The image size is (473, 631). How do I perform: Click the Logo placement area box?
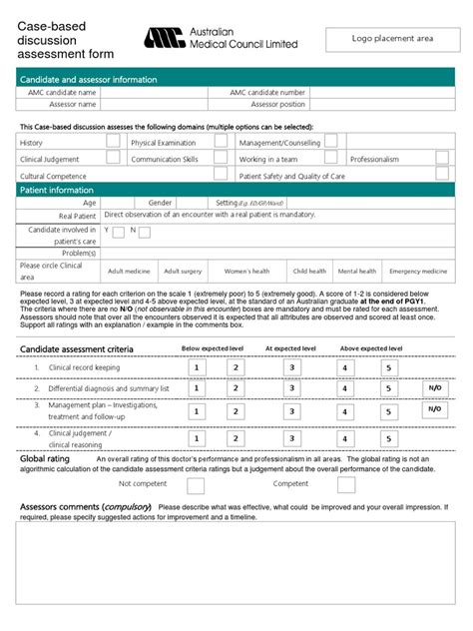(x=392, y=39)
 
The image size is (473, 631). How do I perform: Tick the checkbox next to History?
(x=114, y=142)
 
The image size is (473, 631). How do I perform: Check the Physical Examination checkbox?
(x=220, y=142)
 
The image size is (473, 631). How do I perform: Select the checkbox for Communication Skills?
(x=220, y=159)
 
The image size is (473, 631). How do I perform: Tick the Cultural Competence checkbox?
(x=114, y=176)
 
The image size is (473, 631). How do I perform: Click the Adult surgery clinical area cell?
(x=183, y=271)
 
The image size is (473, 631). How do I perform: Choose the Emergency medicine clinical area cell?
(x=418, y=271)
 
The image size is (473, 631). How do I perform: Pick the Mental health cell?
(x=357, y=271)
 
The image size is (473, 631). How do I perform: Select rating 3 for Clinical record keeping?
(x=292, y=367)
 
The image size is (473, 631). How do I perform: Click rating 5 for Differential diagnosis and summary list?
(x=387, y=388)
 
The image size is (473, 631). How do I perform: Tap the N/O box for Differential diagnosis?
(x=435, y=388)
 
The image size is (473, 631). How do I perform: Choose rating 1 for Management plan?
(x=198, y=411)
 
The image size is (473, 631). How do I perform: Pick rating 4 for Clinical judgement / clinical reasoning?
(x=344, y=437)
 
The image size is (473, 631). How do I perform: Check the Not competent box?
(x=196, y=485)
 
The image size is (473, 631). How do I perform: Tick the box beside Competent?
(x=345, y=484)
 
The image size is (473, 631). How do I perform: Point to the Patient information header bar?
(x=236, y=190)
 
